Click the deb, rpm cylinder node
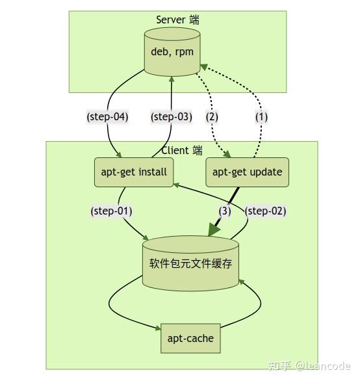[172, 52]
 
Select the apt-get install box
[134, 172]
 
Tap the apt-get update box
[247, 172]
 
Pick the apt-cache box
[190, 338]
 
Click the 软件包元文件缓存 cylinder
[190, 264]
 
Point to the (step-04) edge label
[107, 117]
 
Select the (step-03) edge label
[172, 117]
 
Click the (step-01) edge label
[111, 211]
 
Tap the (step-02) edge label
[265, 211]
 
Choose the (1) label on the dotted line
[261, 117]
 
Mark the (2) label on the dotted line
[212, 117]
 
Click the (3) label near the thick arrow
[225, 211]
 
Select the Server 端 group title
[177, 20]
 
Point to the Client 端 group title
[182, 150]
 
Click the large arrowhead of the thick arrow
[215, 230]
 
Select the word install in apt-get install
[151, 172]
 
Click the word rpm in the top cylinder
[184, 52]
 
